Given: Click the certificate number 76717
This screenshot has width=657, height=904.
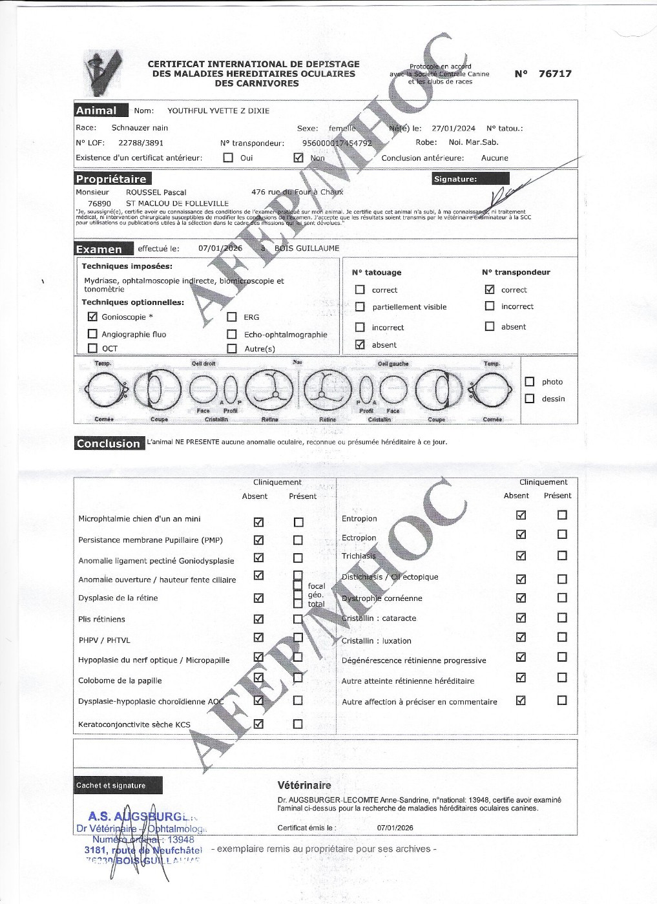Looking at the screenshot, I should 555,74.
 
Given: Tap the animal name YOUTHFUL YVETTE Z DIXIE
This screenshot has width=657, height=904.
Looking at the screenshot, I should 218,111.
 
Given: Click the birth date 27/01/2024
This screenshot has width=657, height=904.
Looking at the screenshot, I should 453,129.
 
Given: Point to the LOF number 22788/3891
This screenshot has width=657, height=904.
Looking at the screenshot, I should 141,143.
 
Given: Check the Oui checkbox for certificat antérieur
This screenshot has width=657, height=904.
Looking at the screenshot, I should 228,158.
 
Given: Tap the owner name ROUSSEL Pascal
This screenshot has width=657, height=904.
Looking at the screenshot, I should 156,193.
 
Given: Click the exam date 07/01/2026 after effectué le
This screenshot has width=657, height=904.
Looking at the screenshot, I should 220,249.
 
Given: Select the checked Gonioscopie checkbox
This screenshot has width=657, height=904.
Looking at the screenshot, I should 92,317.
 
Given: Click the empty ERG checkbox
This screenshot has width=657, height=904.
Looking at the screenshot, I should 232,317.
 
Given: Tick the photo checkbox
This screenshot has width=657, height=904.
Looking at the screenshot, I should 530,382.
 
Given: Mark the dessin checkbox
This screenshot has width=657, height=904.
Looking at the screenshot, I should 530,399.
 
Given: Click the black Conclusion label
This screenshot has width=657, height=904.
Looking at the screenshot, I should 108,443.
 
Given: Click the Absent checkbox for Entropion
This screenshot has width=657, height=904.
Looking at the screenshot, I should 521,515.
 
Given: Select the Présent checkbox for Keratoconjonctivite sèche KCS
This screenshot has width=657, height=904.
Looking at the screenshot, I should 298,724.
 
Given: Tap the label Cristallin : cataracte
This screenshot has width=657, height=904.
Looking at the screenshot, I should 379,618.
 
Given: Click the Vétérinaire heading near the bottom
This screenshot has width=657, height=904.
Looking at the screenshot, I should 304,786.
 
